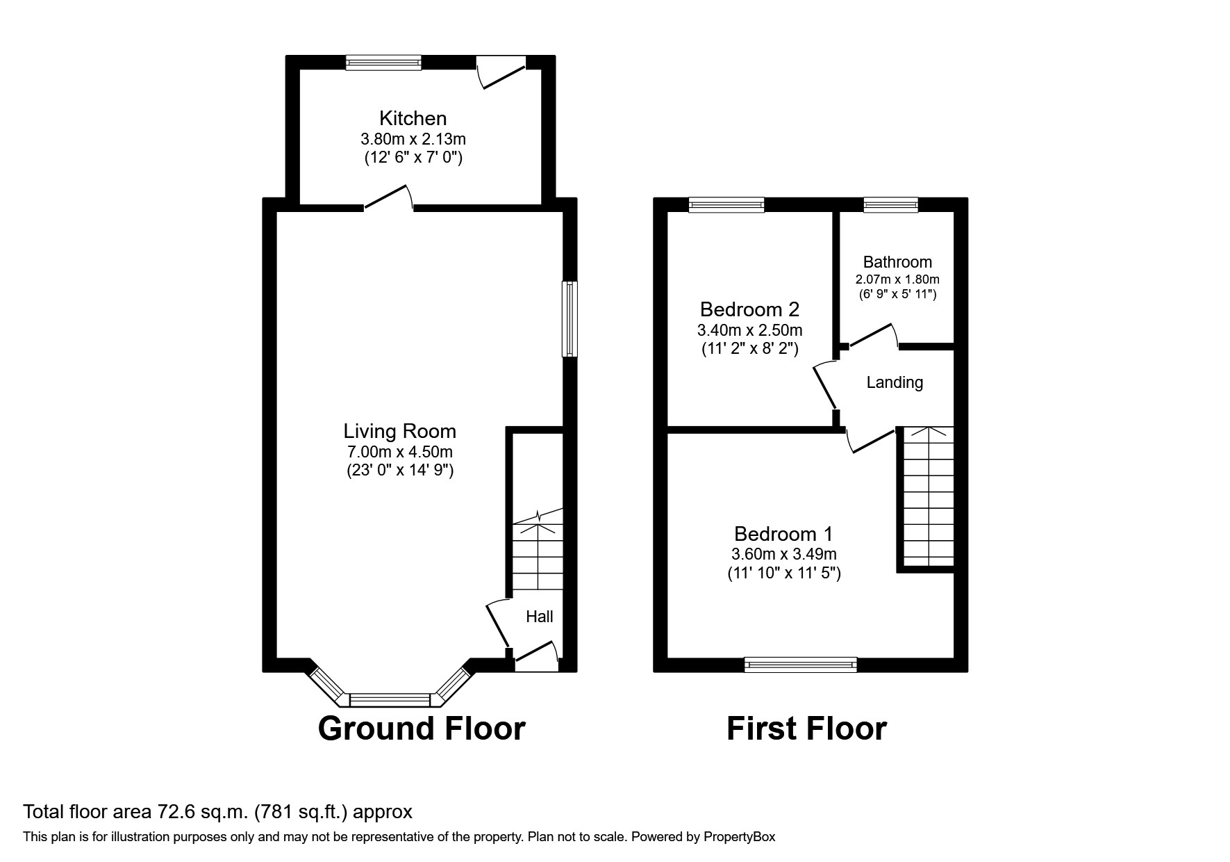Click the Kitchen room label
[413, 118]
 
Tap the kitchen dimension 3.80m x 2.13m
[413, 139]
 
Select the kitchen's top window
[383, 63]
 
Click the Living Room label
[399, 432]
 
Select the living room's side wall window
[570, 318]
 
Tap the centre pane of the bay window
[390, 699]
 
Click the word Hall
[540, 617]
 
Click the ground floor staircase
[537, 556]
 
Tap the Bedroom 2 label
[749, 309]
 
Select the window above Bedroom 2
[726, 204]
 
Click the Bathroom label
[897, 262]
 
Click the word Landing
[895, 382]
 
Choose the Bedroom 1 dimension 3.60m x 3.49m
[783, 555]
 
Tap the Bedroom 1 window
[800, 665]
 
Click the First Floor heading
[806, 729]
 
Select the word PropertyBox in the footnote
[739, 838]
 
